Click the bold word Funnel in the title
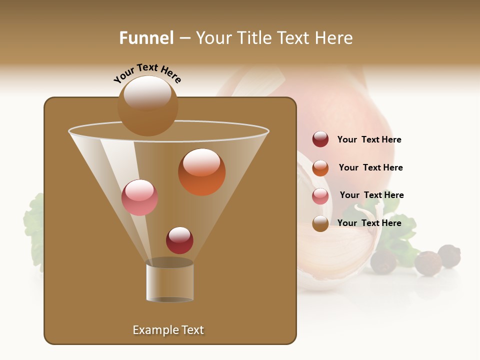coord(146,38)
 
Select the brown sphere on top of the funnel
coord(147,105)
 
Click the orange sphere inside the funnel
coord(201,171)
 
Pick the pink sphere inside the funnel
coord(139,197)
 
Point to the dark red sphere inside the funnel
coord(179,240)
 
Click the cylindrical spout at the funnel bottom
coord(169,281)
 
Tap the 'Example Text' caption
coord(168,330)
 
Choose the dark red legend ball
coord(320,139)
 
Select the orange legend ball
coord(320,168)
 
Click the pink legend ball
coord(320,196)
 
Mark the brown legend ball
coord(320,223)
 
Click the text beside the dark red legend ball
coord(369,139)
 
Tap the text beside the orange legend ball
coord(370,167)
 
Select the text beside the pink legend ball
coord(371,195)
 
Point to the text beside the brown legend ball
coord(369,223)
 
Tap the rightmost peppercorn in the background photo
coord(449,256)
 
